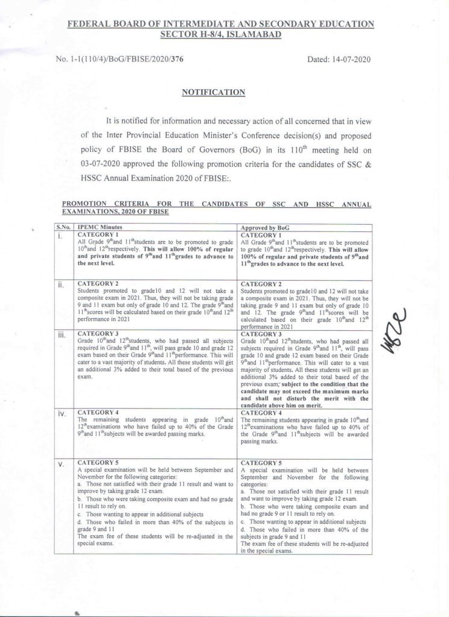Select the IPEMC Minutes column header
100,228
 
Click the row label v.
61,465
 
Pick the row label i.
60,236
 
